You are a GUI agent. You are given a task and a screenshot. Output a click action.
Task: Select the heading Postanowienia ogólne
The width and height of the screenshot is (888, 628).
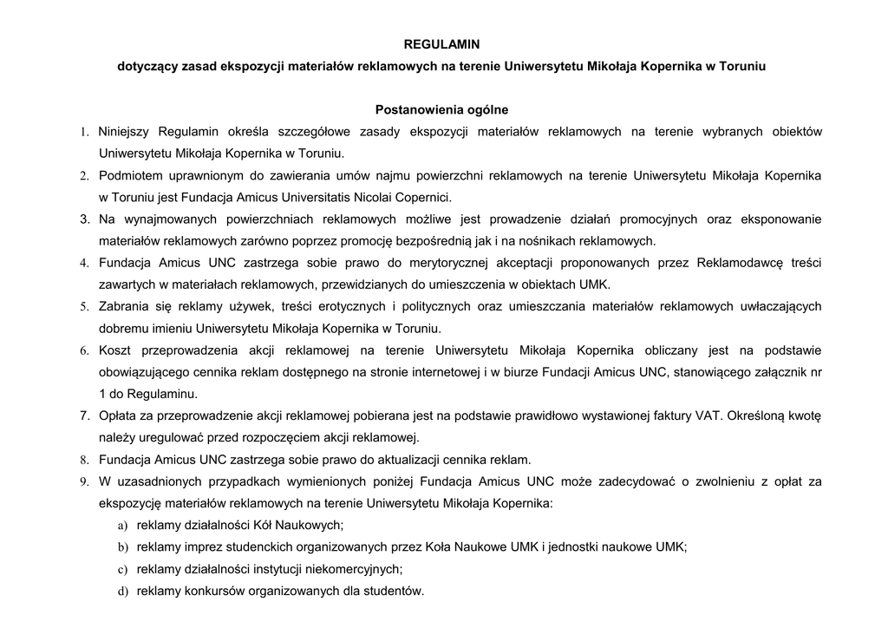point(441,110)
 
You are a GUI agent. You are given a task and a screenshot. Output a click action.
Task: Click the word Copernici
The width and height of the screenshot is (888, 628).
point(424,198)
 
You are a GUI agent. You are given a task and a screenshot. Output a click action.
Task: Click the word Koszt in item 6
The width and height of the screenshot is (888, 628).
point(114,350)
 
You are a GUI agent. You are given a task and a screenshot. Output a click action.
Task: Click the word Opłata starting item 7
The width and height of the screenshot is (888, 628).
point(118,416)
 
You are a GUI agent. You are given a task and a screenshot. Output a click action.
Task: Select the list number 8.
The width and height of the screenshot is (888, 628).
point(85,460)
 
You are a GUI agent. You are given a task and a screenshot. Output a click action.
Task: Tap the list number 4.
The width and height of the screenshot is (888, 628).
point(85,263)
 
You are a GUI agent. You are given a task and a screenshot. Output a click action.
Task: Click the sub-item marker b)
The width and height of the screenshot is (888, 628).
point(122,547)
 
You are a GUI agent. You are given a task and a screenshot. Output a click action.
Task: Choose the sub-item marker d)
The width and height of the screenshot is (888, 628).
point(122,592)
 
